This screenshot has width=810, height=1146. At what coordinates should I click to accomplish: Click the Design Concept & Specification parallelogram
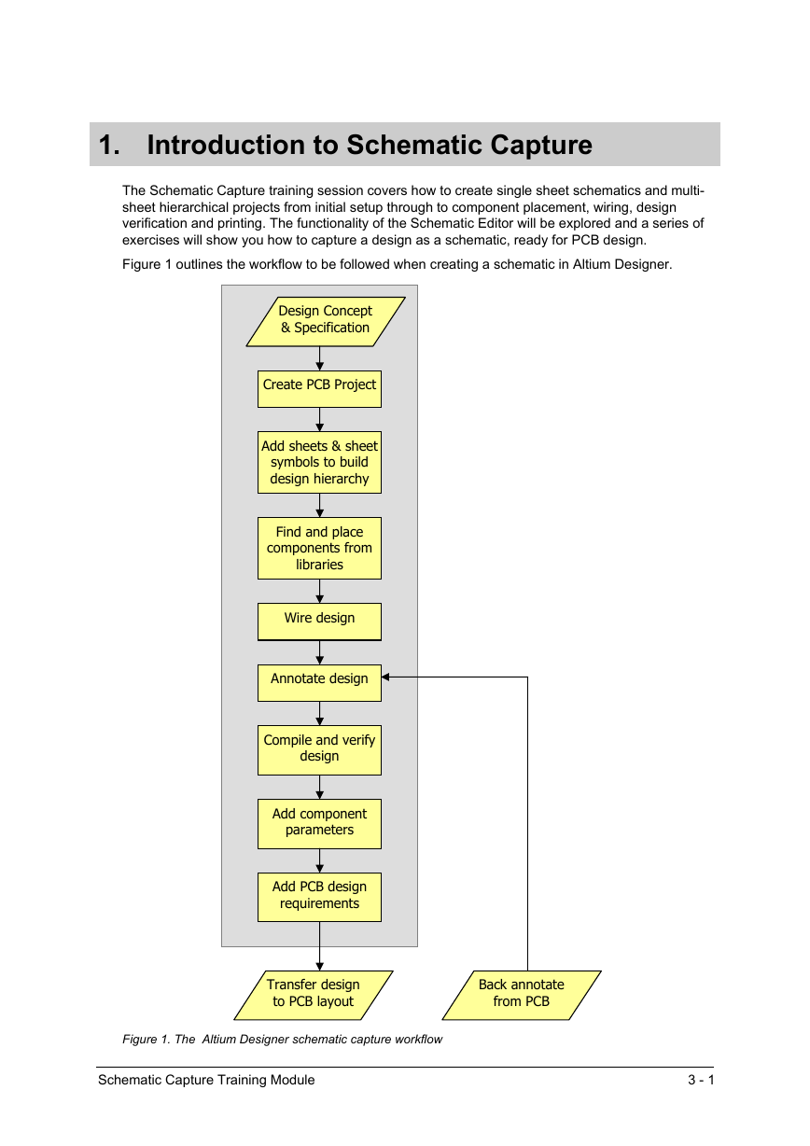326,322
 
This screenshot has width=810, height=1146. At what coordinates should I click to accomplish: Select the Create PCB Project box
319,389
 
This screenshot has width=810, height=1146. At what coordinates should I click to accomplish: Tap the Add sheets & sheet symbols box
319,463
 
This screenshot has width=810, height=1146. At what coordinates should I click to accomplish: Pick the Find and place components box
319,548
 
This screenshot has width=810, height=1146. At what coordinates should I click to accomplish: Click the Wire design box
319,622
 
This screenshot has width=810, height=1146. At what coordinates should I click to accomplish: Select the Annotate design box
319,683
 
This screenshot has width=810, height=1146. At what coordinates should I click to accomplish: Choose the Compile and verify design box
319,750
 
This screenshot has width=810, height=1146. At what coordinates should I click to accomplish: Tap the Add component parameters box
319,824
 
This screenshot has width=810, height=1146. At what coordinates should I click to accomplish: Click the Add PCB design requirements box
319,898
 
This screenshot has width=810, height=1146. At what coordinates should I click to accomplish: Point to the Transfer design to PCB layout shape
314,995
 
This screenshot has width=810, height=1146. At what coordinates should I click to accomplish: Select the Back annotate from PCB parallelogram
522,995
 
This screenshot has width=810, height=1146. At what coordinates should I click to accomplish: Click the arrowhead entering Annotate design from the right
385,677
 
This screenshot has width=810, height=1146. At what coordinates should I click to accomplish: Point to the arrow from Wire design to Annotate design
319,652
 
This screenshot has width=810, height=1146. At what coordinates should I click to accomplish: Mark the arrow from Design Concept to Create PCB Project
319,358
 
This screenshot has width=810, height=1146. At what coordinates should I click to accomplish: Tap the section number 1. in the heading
109,145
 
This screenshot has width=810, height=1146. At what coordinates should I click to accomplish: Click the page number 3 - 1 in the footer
701,1080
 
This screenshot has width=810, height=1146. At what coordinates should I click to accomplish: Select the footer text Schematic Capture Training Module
206,1080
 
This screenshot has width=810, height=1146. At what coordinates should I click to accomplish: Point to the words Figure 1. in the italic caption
146,1039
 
